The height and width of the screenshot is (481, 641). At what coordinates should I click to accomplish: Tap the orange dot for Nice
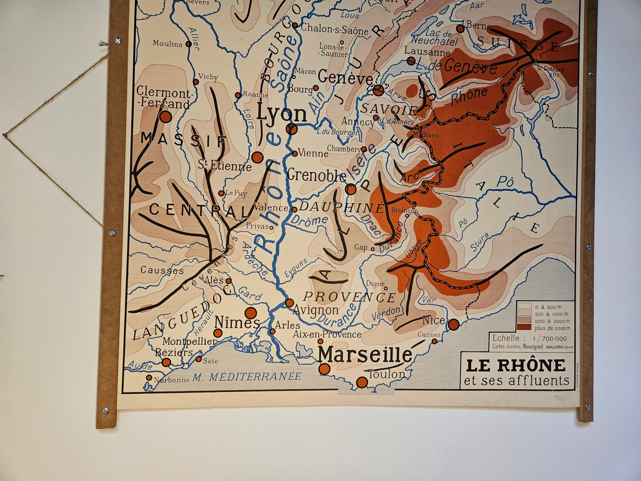[x=454, y=324]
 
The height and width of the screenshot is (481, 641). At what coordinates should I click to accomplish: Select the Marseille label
[x=365, y=354]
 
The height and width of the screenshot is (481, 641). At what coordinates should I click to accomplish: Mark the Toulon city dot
[x=362, y=382]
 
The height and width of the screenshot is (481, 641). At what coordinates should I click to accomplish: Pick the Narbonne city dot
[x=149, y=377]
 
